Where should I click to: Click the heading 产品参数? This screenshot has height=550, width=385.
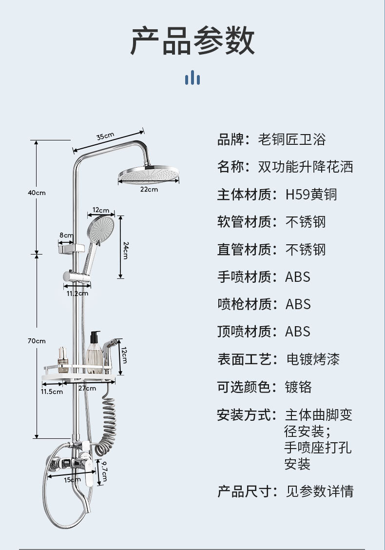pos(192,41)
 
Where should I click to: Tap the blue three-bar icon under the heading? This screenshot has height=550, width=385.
pos(192,78)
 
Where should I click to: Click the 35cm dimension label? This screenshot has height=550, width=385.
pos(105,137)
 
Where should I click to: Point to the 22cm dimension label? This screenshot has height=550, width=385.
pos(149,189)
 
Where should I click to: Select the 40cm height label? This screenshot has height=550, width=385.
pos(37,193)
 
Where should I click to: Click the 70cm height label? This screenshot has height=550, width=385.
pos(37,341)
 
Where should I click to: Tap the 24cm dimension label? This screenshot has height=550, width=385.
pos(126,250)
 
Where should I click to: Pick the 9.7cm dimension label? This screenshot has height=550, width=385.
pos(105,471)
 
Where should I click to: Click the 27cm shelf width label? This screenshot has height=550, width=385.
pos(87,388)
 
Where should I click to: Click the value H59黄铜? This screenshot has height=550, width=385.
pos(311,195)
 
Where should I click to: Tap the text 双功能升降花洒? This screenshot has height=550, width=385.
pos(305,167)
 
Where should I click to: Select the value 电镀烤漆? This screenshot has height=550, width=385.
pos(312,360)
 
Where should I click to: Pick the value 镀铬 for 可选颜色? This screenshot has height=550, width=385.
pos(298,388)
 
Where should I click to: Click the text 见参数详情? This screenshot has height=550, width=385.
pos(319,491)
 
